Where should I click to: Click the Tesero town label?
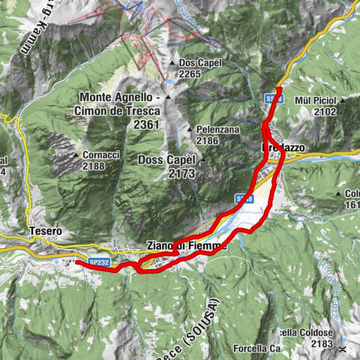(46, 232)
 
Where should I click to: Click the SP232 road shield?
(99, 262)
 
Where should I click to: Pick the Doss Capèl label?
(166, 160)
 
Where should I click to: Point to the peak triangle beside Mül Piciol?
(342, 100)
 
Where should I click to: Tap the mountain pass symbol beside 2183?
(343, 348)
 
